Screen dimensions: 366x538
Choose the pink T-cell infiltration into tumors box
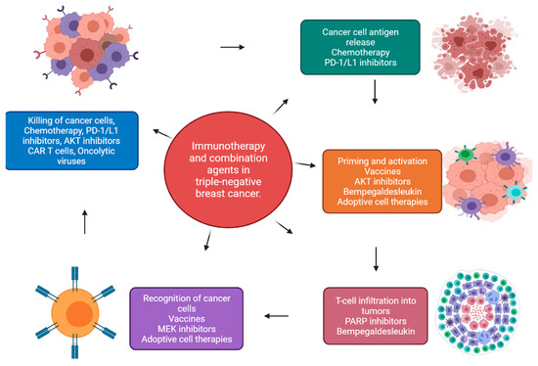(378, 311)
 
